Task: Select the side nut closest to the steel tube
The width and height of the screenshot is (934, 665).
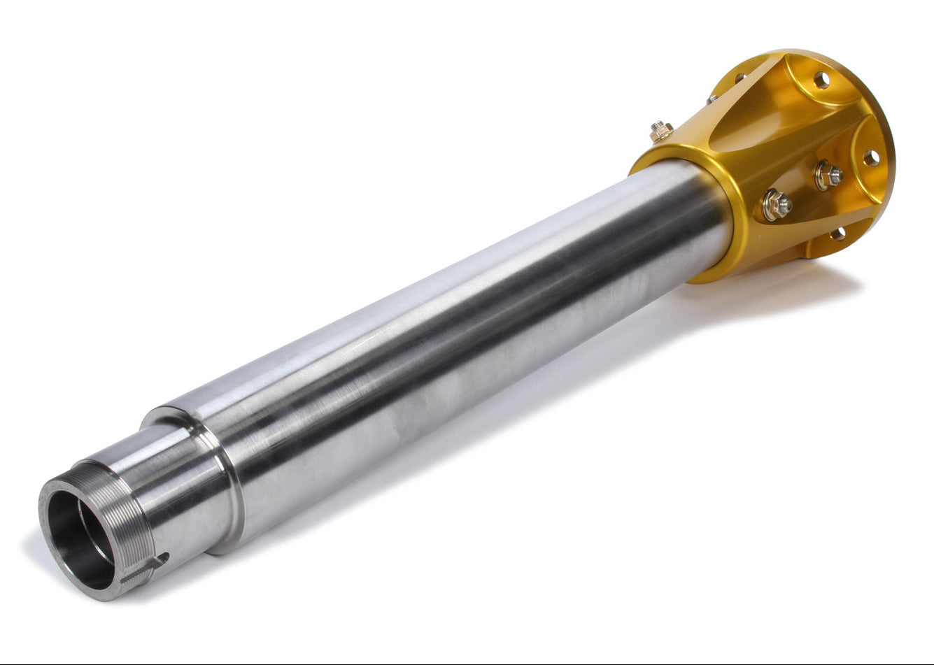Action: (x=777, y=205)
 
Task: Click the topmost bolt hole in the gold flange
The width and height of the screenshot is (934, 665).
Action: (x=821, y=80)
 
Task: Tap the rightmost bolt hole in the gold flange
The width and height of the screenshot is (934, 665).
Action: (x=871, y=158)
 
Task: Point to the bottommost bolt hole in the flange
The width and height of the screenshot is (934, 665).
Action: (x=838, y=234)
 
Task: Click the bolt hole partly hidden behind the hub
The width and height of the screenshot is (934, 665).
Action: (x=740, y=78)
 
